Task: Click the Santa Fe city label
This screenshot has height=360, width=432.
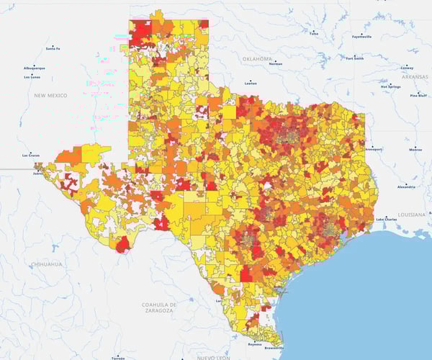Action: tap(52, 49)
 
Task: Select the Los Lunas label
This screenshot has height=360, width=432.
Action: tap(32, 76)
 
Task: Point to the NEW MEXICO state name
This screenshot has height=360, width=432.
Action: tap(50, 95)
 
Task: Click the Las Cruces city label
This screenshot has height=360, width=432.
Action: tap(31, 155)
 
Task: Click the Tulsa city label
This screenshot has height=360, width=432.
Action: tap(312, 33)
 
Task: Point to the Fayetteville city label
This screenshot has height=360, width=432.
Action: tap(361, 36)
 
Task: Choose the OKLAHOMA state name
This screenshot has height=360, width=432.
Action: tap(257, 58)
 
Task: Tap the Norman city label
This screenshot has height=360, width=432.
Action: tap(275, 63)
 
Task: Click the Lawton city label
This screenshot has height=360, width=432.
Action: tap(251, 83)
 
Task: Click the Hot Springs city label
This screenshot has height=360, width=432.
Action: tap(390, 86)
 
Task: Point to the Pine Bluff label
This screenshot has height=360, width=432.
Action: tap(418, 95)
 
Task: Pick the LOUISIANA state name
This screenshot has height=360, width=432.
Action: tap(411, 215)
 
